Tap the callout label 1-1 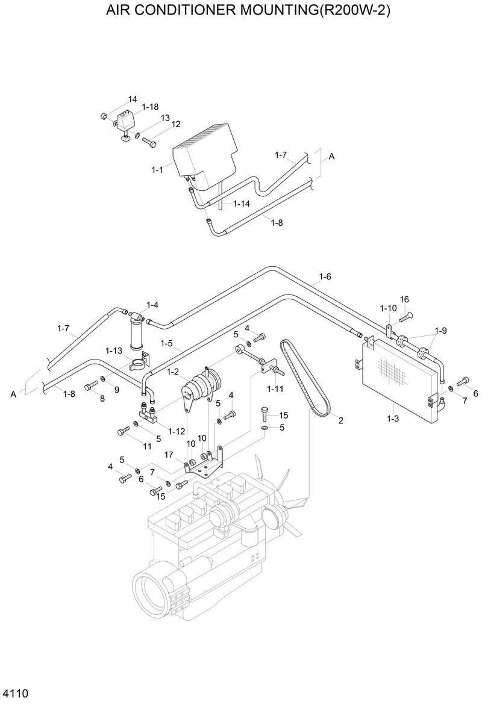pos(157,170)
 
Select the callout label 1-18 pos(150,107)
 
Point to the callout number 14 pos(132,99)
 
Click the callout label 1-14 pos(241,204)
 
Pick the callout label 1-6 pos(325,276)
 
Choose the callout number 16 pos(404,299)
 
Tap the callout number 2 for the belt pos(340,420)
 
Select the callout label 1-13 pos(114,350)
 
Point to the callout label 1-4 pos(152,305)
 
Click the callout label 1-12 pos(177,431)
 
